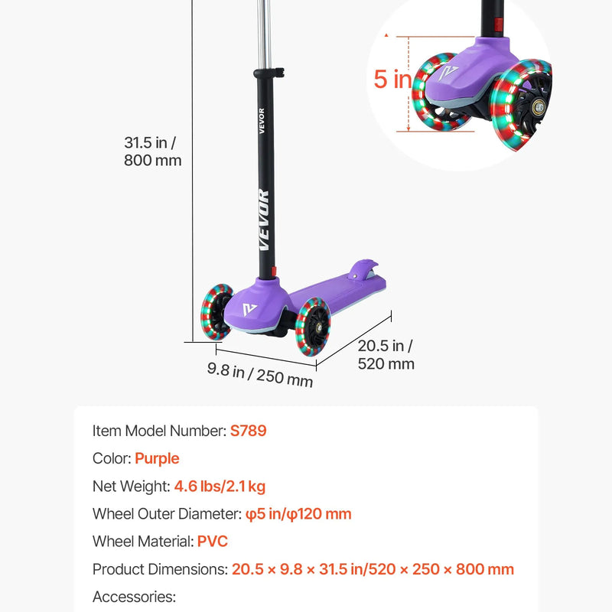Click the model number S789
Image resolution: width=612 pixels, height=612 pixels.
(248, 431)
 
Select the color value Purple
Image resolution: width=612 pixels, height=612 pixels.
(157, 458)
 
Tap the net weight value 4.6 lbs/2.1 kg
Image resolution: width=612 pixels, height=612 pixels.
(220, 487)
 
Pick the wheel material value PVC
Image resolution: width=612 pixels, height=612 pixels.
(213, 542)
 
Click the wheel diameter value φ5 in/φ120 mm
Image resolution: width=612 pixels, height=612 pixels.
(298, 514)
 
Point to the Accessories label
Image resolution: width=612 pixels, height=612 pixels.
(135, 597)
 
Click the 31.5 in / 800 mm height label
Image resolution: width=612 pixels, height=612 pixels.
(152, 151)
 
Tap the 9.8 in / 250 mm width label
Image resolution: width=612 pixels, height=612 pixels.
(260, 375)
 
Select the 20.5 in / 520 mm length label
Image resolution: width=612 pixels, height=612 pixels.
(386, 355)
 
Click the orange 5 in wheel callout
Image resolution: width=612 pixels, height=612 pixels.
(392, 80)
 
